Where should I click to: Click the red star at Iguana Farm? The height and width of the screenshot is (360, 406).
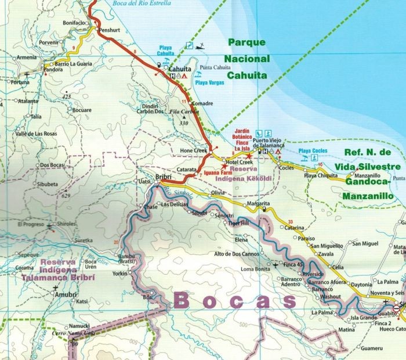click(x=224, y=166)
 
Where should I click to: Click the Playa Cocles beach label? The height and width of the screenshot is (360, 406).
click(x=313, y=152)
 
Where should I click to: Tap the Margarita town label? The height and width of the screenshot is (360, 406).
click(x=258, y=204)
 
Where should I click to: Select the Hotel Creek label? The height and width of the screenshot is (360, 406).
click(x=240, y=161)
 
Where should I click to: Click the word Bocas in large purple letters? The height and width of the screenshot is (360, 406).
click(x=234, y=300)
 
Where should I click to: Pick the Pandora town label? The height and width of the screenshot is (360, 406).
click(x=53, y=69)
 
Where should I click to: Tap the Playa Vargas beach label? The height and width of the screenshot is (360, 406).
click(x=210, y=83)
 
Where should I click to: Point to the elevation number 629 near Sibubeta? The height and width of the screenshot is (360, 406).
click(x=66, y=196)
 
